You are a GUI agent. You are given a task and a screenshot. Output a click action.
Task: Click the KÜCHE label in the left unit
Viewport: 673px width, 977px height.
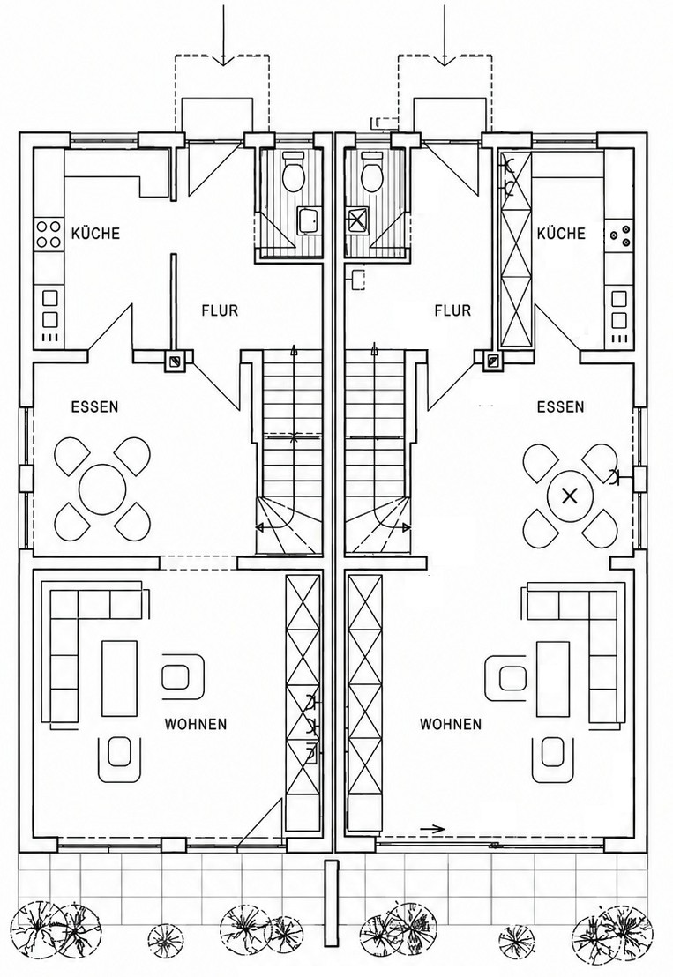coord(95,234)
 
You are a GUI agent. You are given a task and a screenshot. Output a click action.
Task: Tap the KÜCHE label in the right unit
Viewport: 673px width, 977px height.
coord(562,234)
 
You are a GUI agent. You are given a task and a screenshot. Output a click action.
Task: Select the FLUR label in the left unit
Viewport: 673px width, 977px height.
coord(220,310)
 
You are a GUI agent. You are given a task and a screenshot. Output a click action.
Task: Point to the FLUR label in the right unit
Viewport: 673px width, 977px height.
coord(452,310)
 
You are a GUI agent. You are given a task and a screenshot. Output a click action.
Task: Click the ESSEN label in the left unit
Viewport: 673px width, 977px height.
coord(94,406)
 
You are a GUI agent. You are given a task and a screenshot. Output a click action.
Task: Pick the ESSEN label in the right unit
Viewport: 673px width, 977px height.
coord(561,406)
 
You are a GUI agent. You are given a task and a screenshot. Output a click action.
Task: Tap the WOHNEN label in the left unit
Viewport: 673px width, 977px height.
coord(196,724)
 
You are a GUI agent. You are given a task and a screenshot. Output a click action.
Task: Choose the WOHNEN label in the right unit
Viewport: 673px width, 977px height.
coord(451,724)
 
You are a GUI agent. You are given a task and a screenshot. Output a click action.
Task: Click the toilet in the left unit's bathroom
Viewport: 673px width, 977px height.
coord(292,172)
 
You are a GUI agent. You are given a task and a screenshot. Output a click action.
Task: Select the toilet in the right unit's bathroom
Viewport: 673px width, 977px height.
coord(372,172)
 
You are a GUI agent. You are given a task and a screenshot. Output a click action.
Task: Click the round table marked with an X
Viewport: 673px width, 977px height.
coord(569,496)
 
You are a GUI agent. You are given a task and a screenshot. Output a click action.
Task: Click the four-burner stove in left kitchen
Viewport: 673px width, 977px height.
coord(49,234)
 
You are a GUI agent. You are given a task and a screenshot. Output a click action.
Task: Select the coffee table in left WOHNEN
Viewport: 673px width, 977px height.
coord(119,678)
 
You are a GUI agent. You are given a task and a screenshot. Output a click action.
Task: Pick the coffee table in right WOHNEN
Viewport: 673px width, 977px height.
coord(553,678)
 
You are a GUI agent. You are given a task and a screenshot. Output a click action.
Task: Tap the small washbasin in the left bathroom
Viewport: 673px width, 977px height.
coord(309,220)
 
